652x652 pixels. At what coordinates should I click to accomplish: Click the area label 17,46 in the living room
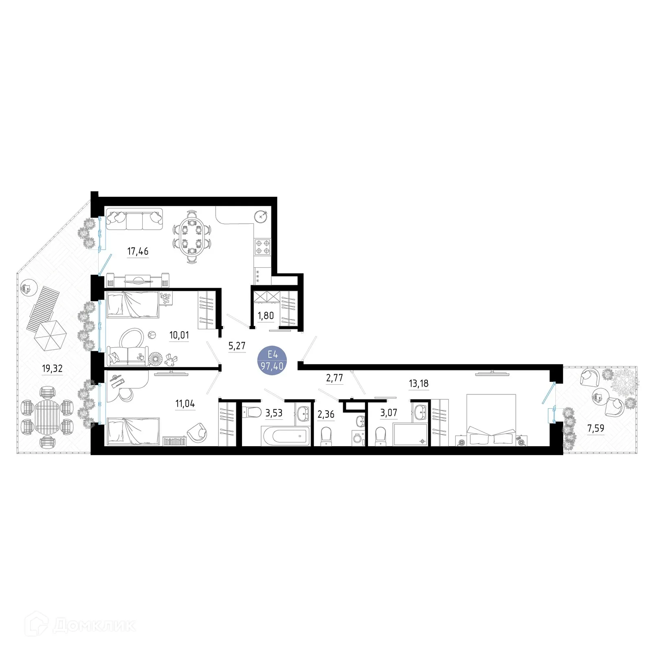point(138,251)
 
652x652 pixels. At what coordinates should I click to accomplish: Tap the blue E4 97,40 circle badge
point(273,360)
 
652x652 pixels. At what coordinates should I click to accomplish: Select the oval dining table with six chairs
point(192,237)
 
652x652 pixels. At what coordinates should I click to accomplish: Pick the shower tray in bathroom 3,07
point(410,434)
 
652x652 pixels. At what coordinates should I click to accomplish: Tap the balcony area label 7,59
point(596,428)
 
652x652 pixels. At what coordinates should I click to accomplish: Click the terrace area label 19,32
point(52,369)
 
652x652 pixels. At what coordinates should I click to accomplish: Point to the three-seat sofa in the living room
point(134,220)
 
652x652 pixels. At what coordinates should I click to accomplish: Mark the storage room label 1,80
point(266,316)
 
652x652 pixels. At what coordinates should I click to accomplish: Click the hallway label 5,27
point(237,346)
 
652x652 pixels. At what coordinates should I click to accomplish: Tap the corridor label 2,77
point(335,378)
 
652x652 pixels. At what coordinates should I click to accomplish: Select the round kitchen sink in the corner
point(261,216)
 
